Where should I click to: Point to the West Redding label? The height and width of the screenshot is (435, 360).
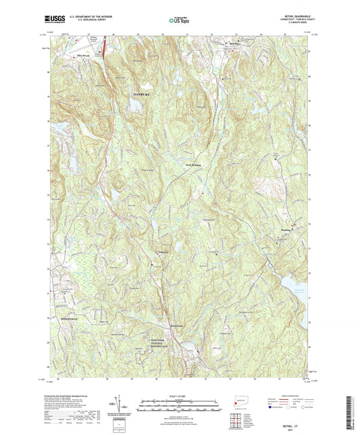192,163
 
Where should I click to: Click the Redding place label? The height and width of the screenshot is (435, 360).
285,229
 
